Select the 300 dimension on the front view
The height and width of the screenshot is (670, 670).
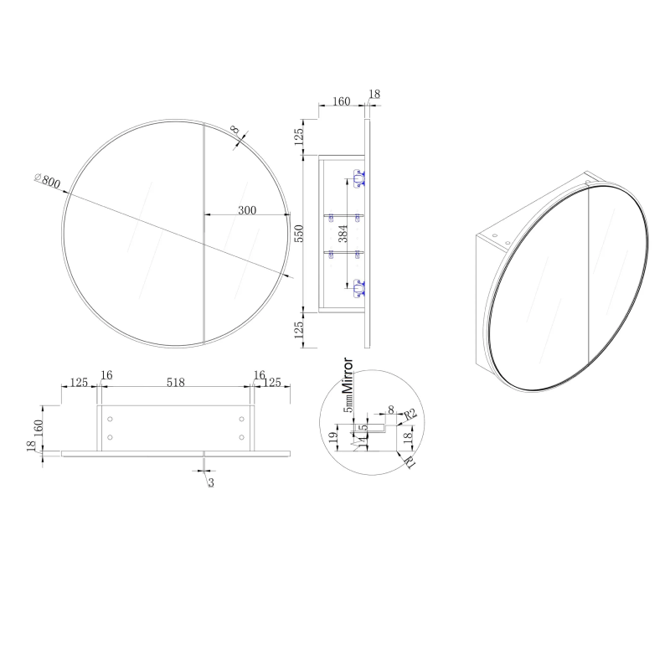point(247,209)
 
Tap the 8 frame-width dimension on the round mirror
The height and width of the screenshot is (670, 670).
point(235,131)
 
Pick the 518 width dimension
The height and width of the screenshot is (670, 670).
point(175,382)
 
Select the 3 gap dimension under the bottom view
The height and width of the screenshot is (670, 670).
point(209,482)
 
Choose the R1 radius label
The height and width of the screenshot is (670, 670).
point(410,460)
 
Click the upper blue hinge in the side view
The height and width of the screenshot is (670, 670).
point(358,178)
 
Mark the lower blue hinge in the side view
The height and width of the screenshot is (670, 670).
point(358,289)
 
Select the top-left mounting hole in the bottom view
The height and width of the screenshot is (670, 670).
point(110,419)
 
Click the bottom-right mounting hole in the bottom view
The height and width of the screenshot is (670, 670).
point(241,436)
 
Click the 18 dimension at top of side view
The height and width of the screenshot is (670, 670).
point(374,95)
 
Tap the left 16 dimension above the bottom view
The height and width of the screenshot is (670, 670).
point(106,374)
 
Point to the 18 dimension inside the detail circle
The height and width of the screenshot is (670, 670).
point(408,435)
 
